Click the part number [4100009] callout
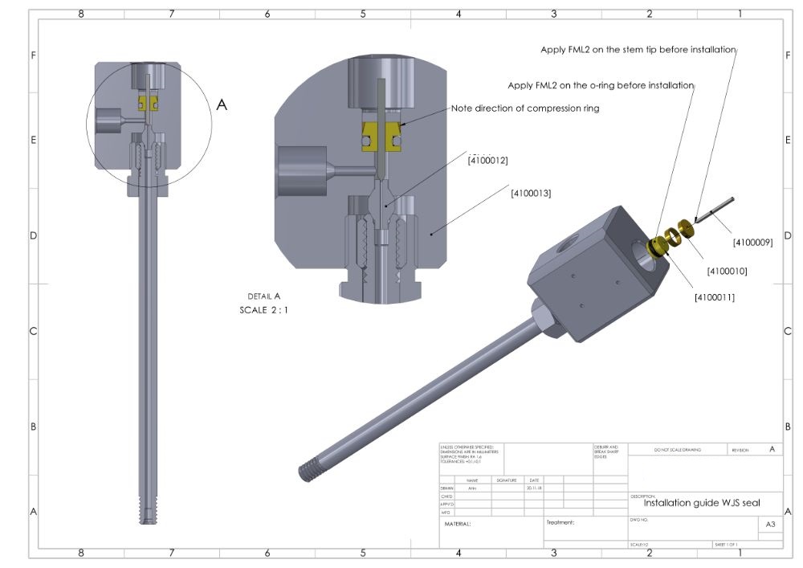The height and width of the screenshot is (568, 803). pyautogui.click(x=752, y=242)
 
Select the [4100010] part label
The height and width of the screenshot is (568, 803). pyautogui.click(x=727, y=271)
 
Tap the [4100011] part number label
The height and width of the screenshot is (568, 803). pyautogui.click(x=715, y=297)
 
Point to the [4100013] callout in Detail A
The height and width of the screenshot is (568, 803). pyautogui.click(x=531, y=193)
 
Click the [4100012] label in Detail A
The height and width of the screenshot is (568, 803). pyautogui.click(x=487, y=161)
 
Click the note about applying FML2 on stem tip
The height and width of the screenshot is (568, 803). pyautogui.click(x=638, y=50)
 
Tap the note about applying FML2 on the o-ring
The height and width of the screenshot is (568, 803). pyautogui.click(x=601, y=85)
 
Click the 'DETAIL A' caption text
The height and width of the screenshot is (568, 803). pyautogui.click(x=265, y=296)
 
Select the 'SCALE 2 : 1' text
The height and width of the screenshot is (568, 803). pyautogui.click(x=263, y=309)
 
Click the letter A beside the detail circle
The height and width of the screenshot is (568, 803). pyautogui.click(x=222, y=104)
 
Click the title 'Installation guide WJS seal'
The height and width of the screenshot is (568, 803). pyautogui.click(x=701, y=503)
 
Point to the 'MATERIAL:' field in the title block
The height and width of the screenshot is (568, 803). pyautogui.click(x=458, y=524)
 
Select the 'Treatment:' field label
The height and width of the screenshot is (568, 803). pyautogui.click(x=560, y=522)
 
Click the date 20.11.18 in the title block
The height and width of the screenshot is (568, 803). pyautogui.click(x=533, y=488)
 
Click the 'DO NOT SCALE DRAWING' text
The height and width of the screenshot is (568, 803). pyautogui.click(x=677, y=450)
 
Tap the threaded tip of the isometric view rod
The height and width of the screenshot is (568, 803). pyautogui.click(x=306, y=472)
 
